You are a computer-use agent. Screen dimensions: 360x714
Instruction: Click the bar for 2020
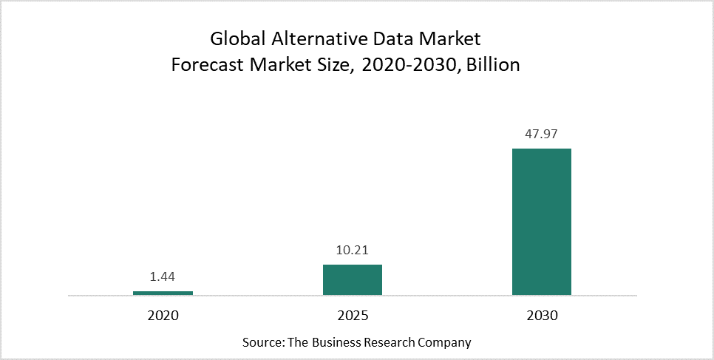[163, 293]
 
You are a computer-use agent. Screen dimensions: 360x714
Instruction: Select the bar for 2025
[353, 279]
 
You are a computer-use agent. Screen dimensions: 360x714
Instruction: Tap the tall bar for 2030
[542, 222]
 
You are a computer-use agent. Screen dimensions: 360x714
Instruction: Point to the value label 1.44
[163, 277]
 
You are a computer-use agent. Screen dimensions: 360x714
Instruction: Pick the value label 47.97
[542, 134]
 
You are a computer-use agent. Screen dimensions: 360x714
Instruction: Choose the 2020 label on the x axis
[163, 316]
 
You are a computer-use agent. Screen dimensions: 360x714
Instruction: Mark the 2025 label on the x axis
[353, 316]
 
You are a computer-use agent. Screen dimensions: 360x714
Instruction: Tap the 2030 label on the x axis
[542, 316]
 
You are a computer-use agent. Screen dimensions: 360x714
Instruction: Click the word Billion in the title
[493, 65]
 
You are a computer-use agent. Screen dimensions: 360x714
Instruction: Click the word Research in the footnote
[393, 343]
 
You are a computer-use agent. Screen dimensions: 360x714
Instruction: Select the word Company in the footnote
[446, 343]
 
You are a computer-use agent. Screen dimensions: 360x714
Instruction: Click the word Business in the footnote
[340, 343]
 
